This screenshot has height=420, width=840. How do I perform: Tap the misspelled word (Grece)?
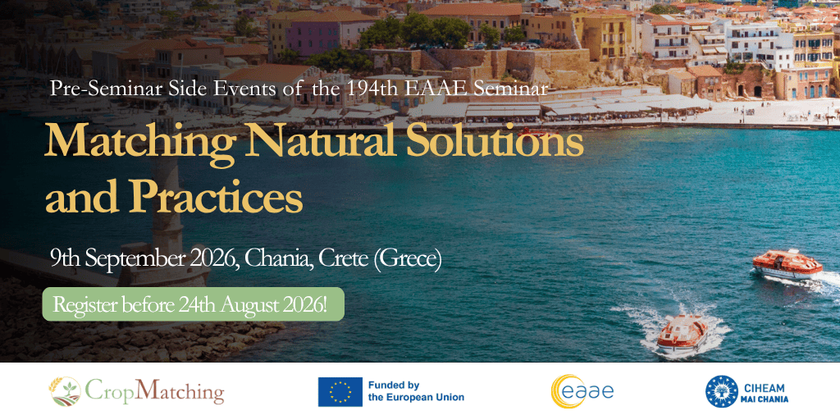click(409, 259)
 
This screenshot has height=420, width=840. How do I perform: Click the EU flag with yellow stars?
click(340, 392)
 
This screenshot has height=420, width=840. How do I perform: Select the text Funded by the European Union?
click(416, 391)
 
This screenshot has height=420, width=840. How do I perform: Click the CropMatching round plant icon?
click(65, 391)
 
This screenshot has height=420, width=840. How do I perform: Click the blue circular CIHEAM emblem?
click(722, 391)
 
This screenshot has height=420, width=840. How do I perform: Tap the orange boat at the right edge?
click(787, 265)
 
